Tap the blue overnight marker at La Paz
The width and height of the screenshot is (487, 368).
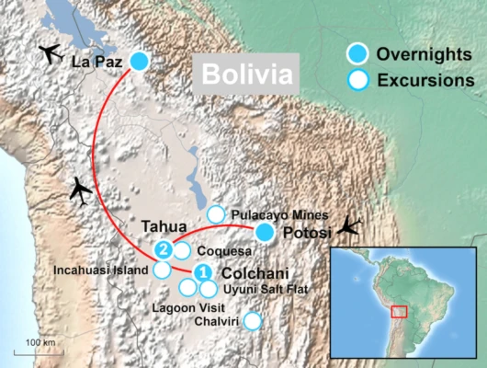pyautogui.click(x=140, y=62)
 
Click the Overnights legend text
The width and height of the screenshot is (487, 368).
pyautogui.click(x=422, y=53)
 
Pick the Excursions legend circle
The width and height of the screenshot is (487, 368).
pyautogui.click(x=359, y=79)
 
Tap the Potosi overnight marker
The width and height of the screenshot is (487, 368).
pyautogui.click(x=264, y=233)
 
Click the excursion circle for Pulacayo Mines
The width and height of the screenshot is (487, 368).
pyautogui.click(x=216, y=214)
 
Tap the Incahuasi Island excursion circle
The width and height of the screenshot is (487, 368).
pyautogui.click(x=162, y=270)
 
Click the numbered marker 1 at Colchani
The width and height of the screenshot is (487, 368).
pyautogui.click(x=204, y=272)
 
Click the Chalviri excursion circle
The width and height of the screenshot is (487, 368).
pyautogui.click(x=251, y=321)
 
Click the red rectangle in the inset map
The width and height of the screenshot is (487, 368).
pyautogui.click(x=399, y=311)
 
